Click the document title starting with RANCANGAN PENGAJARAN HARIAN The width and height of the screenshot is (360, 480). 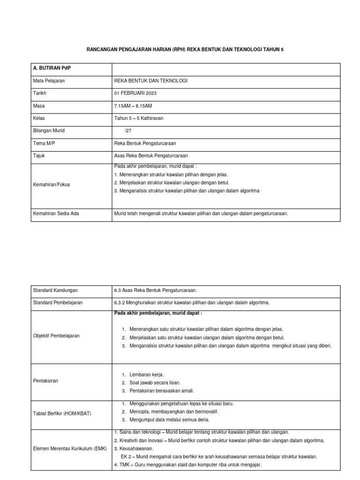tap(180, 49)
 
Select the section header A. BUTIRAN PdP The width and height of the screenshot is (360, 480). tap(52, 68)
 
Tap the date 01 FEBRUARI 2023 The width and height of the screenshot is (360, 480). tap(135, 93)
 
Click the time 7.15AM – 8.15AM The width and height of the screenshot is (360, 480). tap(133, 106)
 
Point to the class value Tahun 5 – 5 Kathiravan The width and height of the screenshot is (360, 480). tap(139, 119)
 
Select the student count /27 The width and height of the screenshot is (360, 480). tap(128, 131)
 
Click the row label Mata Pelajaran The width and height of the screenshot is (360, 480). tap(49, 81)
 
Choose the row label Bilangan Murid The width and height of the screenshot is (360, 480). tap(49, 131)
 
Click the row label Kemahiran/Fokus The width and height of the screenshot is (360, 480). tap(52, 185)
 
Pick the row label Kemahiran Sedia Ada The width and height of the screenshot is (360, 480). tap(56, 213)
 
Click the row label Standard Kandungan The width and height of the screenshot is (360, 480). tap(55, 291)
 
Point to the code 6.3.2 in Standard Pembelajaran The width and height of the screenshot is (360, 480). tap(121, 303)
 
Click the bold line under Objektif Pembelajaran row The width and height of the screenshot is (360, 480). tap(158, 313)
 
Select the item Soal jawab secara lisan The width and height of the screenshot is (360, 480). tap(155, 382)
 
